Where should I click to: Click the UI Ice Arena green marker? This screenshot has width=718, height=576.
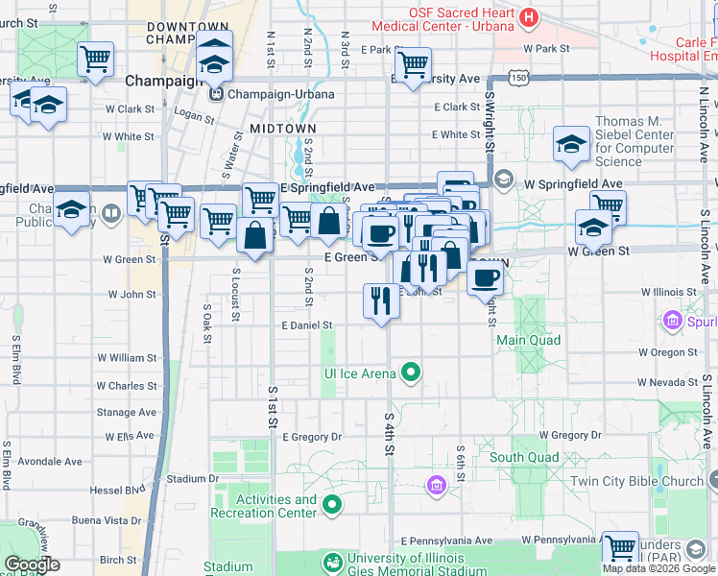[412, 372]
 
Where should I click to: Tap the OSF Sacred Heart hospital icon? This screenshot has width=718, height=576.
[527, 16]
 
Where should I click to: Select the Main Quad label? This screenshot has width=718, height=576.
[528, 340]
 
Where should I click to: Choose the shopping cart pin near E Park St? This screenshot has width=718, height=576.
[413, 65]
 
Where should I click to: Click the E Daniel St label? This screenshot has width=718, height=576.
[307, 326]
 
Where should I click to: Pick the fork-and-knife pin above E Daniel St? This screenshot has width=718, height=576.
[381, 301]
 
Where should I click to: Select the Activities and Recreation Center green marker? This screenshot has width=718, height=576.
[332, 503]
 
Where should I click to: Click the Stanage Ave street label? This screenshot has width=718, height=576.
[126, 412]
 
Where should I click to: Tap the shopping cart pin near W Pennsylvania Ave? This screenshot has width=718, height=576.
[620, 549]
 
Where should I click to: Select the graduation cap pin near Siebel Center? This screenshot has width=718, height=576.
[571, 144]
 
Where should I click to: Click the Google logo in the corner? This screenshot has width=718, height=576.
[32, 564]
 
